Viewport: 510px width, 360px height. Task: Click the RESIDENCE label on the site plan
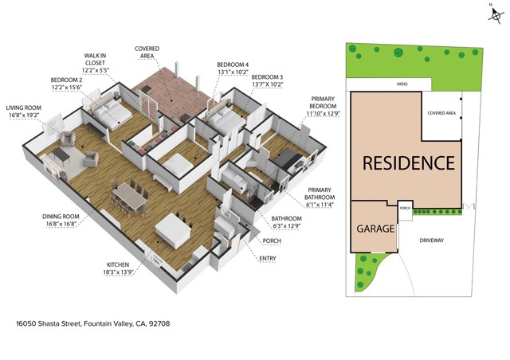pos(409,163)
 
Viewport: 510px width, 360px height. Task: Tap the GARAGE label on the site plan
pos(374,229)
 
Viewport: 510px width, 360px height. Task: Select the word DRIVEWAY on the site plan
pos(433,239)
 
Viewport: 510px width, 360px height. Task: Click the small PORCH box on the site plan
pos(404,208)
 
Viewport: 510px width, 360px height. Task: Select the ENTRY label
pos(269,258)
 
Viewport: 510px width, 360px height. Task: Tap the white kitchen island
pos(175,230)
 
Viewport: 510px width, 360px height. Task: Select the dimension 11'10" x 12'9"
pos(323,114)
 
